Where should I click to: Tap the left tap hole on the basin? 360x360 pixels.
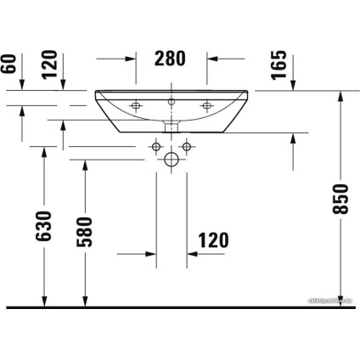(136, 106)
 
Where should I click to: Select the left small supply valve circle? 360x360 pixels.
(157, 147)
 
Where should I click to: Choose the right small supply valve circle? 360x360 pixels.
(187, 147)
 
